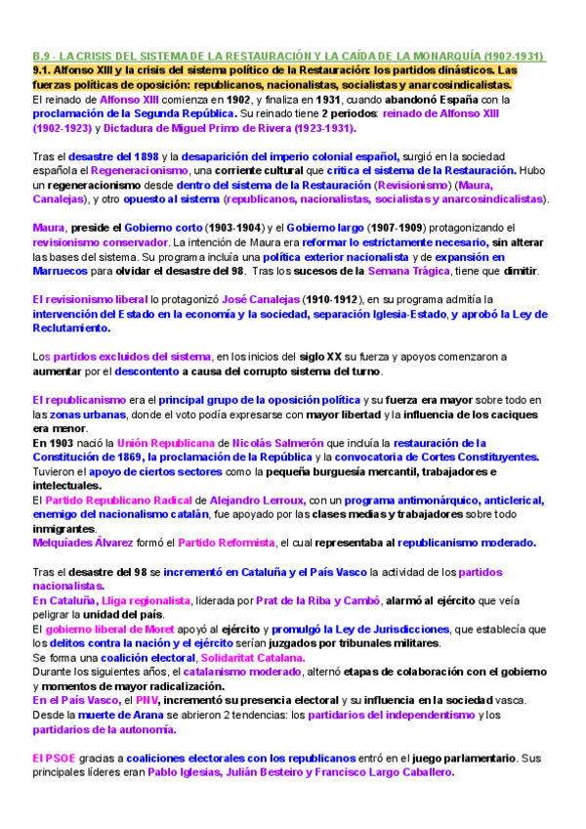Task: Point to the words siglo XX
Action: [354, 357]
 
